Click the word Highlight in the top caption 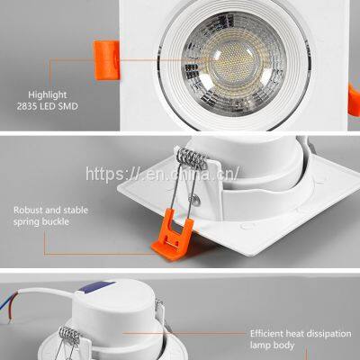tap(48, 95)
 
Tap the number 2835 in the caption tap(27, 106)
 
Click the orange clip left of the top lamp tap(107, 60)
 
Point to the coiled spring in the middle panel tap(193, 158)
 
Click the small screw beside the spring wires tap(197, 200)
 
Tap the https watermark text tap(162, 174)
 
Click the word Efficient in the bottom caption tap(266, 334)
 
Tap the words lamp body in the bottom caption tap(272, 346)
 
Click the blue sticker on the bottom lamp tap(96, 287)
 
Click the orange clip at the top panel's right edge tap(355, 99)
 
